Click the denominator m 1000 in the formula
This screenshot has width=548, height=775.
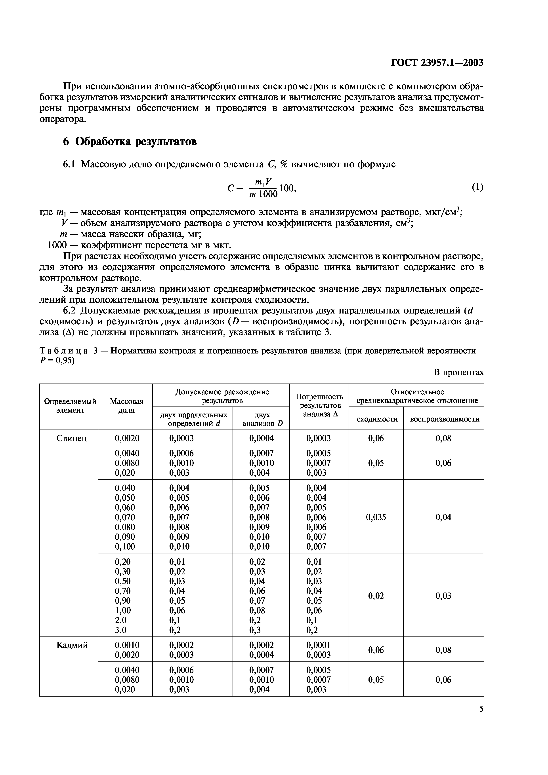point(263,194)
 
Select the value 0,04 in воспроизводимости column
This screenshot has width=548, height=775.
point(443,517)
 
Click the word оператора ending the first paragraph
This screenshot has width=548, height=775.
point(62,119)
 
